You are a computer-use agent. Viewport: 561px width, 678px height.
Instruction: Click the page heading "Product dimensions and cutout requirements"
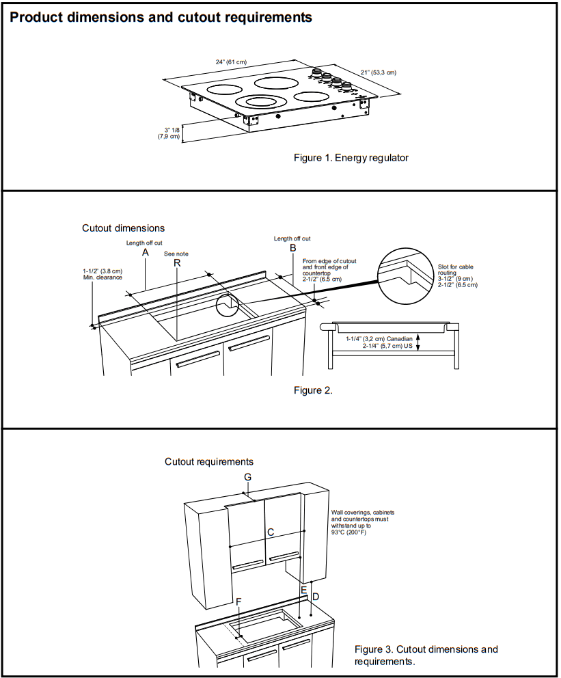161,18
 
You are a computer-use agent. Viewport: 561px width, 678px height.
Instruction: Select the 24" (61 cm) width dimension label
231,62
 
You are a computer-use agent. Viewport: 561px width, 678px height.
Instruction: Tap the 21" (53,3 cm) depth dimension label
378,72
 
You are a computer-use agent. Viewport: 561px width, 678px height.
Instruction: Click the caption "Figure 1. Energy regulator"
351,158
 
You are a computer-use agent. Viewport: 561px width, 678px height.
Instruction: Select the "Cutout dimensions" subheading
123,228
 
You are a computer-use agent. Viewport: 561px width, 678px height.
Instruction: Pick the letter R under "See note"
176,264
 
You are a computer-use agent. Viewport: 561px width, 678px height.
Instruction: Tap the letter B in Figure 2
292,248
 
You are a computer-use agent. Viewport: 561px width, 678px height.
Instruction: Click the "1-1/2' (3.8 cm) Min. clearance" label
102,274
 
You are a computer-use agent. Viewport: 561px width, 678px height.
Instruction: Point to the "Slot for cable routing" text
456,269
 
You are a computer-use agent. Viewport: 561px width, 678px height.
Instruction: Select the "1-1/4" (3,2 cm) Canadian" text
379,339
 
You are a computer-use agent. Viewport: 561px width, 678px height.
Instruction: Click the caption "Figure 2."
313,391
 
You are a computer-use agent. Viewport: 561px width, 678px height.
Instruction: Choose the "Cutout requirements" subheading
209,462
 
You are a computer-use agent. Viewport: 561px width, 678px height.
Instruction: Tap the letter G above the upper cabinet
248,476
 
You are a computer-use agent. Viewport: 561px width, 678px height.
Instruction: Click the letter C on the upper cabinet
271,531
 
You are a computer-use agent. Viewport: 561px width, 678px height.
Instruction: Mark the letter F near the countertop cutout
238,601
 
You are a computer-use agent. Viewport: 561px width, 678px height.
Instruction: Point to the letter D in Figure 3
315,597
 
